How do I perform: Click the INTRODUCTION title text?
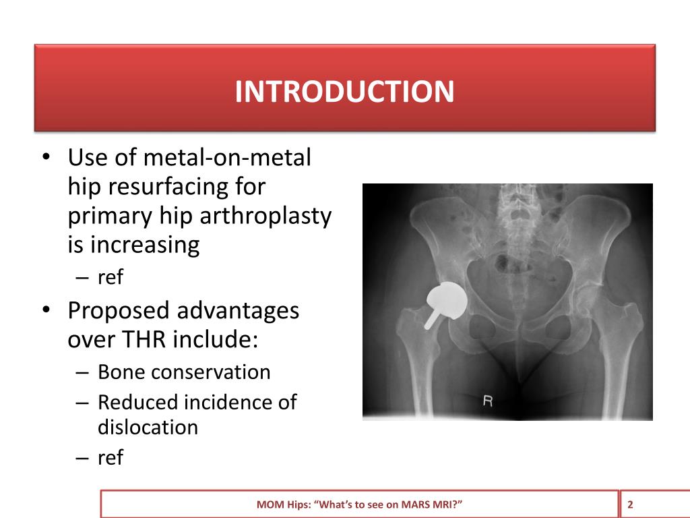coord(344,92)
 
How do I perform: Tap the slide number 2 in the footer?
coord(631,505)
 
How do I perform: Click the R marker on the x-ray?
coord(489,401)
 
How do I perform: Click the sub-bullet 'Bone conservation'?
coord(184,372)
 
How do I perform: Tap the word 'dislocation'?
coord(148,427)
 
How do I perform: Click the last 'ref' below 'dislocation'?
coord(111,458)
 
